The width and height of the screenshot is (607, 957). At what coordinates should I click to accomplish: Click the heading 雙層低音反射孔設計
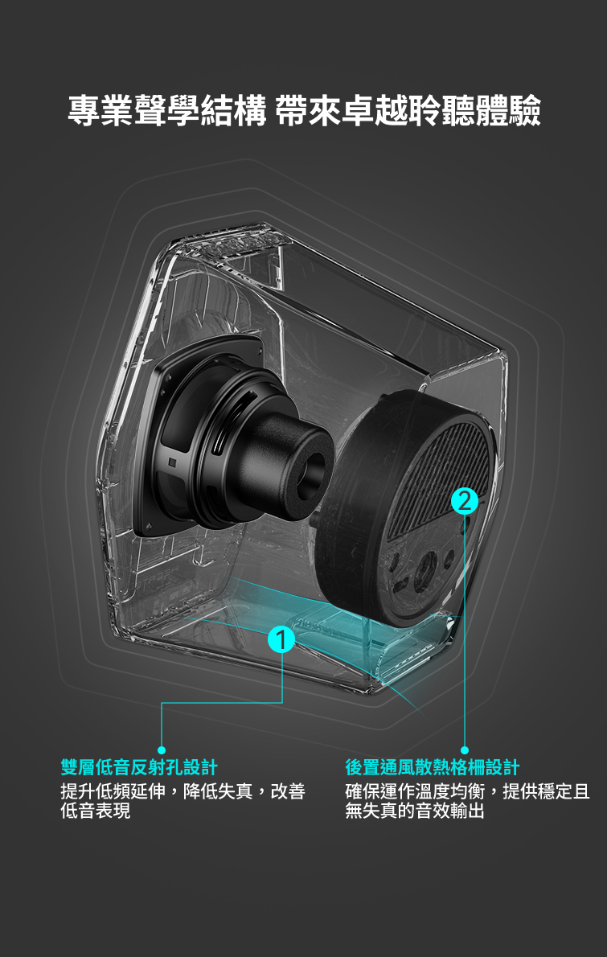pos(139,767)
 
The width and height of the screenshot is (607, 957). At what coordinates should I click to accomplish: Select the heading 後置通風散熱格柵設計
pos(433,767)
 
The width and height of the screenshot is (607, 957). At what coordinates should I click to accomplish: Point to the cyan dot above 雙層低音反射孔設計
pos(162,750)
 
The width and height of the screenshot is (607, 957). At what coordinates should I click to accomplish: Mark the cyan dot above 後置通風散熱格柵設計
pos(464,750)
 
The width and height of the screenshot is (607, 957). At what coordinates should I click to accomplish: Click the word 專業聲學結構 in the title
pos(167,111)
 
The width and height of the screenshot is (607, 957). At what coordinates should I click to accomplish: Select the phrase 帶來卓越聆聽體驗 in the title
pos(408,111)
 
